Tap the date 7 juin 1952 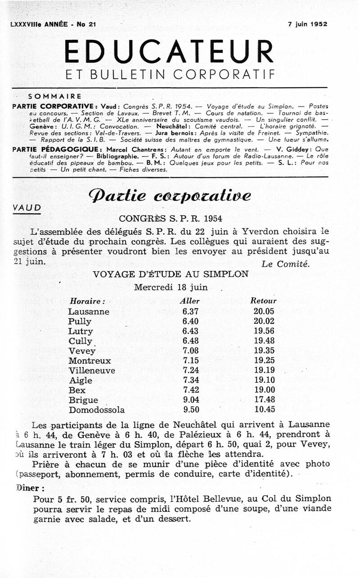coord(308,24)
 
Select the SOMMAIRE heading coord(54,96)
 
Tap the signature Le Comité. coord(285,264)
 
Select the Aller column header coord(189,301)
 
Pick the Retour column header coord(263,301)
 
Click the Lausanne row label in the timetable coord(89,312)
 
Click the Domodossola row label coord(97,410)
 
